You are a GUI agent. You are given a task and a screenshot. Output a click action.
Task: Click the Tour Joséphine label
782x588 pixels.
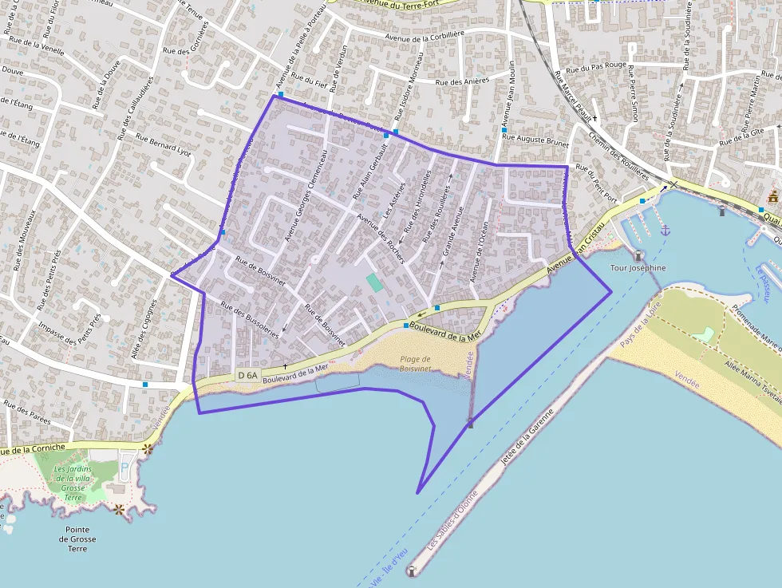(x=637, y=268)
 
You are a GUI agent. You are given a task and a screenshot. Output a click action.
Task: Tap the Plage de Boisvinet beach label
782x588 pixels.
(x=415, y=364)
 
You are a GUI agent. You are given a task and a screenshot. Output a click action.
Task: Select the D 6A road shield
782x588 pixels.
(x=247, y=375)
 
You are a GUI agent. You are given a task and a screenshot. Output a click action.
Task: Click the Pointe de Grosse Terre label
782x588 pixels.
(x=77, y=539)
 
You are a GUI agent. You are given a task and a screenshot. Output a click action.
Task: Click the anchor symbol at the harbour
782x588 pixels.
(x=665, y=230)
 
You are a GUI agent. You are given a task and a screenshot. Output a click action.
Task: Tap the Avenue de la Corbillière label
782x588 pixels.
(x=424, y=36)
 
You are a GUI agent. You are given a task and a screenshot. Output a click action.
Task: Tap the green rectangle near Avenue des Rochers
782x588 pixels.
(x=373, y=282)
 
